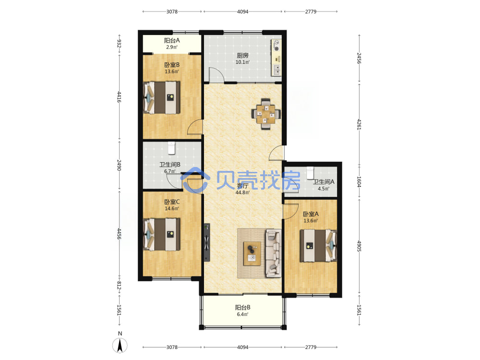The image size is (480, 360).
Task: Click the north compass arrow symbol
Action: coord(120,346)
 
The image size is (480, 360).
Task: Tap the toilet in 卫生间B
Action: coord(171,148)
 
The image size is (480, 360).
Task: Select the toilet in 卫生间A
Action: coord(311,173)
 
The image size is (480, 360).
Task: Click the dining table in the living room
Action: coord(266,114)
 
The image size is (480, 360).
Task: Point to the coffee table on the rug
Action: coord(252,253)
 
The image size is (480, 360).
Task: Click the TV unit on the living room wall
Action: coord(207,242)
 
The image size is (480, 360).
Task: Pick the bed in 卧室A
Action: coord(318,245)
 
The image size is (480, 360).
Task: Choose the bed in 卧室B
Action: coord(162,97)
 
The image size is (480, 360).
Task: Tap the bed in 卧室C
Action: coord(162,234)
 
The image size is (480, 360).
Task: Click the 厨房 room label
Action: coord(242,55)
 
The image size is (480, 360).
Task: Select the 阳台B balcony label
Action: coord(243,307)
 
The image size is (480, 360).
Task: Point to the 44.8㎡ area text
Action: coord(242,192)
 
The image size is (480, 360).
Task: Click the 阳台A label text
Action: coord(172,40)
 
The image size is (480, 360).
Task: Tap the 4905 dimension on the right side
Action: coord(359,246)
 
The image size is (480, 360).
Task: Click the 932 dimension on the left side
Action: coord(119,44)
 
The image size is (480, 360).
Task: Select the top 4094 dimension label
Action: coord(243,12)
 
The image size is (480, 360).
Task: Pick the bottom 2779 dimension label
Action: coord(311,347)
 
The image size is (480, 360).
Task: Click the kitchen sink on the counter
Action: coord(277,70)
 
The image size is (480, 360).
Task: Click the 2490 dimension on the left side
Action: coord(119,165)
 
